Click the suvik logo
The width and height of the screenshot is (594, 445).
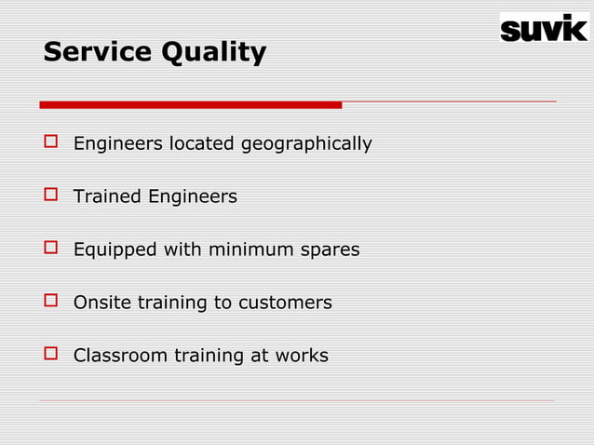(x=545, y=27)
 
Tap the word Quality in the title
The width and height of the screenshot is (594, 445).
(x=214, y=53)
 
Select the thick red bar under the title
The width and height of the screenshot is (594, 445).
(x=191, y=104)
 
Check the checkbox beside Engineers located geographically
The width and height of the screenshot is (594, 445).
(x=50, y=143)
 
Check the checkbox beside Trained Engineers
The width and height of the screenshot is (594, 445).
(x=50, y=196)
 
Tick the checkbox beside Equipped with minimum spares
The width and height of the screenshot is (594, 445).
(x=50, y=249)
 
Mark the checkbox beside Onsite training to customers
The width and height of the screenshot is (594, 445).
(x=50, y=302)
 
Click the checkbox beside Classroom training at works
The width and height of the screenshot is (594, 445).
(x=50, y=355)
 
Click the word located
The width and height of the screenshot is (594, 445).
(x=202, y=144)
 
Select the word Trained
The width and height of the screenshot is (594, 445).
(x=107, y=196)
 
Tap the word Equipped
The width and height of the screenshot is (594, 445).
(x=115, y=250)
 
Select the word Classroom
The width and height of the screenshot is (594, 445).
(x=121, y=356)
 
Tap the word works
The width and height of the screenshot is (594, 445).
(x=303, y=356)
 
